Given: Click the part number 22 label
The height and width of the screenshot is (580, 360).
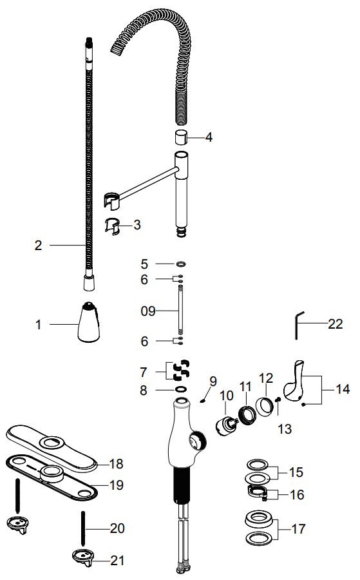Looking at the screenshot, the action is click(336, 324).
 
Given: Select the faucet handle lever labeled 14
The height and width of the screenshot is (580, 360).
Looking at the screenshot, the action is click(294, 381).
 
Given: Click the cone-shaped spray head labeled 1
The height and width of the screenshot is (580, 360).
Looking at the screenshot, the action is click(89, 322).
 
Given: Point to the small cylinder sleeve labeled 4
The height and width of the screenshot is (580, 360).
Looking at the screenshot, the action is click(181, 139).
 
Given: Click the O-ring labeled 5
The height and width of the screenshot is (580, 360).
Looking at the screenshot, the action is click(181, 264).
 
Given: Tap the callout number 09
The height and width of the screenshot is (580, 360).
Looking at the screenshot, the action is click(148, 311).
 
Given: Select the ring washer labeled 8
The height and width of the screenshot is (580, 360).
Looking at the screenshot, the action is click(181, 389).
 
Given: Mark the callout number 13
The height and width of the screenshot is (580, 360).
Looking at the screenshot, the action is click(285, 429).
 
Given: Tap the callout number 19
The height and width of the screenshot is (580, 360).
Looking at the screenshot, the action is click(117, 485).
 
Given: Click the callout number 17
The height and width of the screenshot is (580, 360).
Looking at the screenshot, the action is click(299, 529).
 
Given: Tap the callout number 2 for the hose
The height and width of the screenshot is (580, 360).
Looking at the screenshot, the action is click(39, 246).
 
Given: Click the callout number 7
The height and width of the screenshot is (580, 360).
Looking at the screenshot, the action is click(144, 372).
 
